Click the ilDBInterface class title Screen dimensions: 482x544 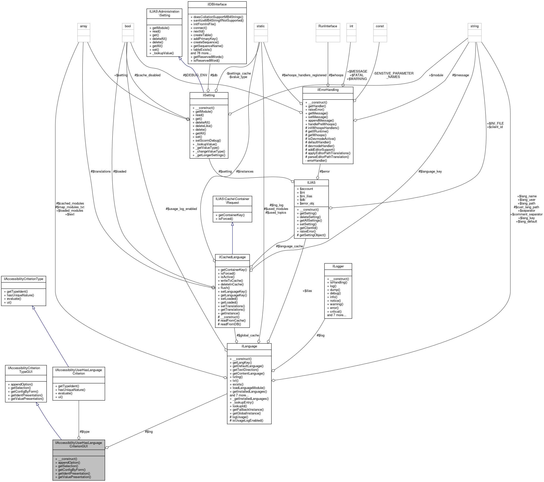(x=217, y=4)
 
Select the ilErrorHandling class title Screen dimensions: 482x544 (x=328, y=90)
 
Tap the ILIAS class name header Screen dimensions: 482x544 (x=311, y=183)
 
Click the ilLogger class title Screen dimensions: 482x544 (x=338, y=266)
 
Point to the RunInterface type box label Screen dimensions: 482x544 (x=328, y=26)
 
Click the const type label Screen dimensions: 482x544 (x=380, y=26)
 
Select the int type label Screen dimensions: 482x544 (x=351, y=26)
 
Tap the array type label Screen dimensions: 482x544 (x=84, y=26)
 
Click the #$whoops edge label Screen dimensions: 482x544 (x=336, y=75)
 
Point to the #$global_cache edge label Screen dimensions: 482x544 (x=248, y=335)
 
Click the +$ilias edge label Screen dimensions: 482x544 (x=307, y=291)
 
